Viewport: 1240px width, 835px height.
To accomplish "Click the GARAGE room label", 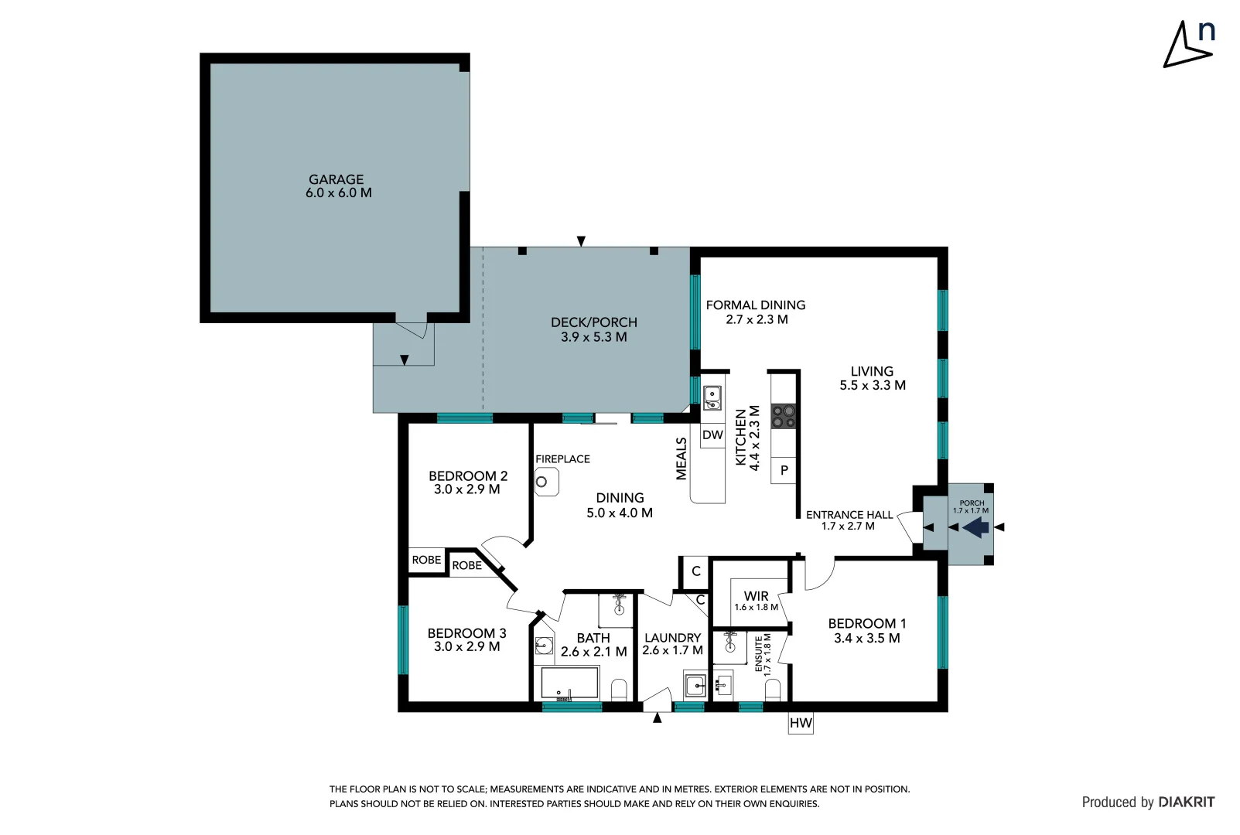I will point(336,179).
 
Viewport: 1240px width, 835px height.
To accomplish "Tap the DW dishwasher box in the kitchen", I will point(712,435).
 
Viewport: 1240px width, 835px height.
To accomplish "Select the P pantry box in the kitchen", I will point(784,470).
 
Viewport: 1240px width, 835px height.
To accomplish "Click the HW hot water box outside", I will point(801,723).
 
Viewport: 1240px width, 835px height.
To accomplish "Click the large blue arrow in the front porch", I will point(976,527).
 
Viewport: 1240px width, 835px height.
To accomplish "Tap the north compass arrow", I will point(1185,47).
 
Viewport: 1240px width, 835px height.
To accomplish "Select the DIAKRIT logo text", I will point(1187,803).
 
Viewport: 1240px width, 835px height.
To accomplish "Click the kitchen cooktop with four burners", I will point(784,417).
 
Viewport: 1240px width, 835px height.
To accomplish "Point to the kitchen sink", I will point(712,398).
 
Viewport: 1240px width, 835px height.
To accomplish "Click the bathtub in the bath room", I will point(569,683).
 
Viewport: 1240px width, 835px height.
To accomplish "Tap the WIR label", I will point(756,596).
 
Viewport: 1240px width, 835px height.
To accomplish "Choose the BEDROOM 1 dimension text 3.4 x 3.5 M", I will point(866,639).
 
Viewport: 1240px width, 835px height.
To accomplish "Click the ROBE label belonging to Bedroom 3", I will point(466,566).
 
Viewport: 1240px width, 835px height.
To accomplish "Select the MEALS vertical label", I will point(681,458).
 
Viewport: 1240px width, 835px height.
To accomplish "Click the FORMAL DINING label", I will point(755,305).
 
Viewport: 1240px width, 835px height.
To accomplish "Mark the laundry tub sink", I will point(695,685).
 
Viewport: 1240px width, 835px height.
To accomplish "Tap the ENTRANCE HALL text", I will point(849,515).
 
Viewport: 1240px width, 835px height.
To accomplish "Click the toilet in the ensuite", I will point(772,690).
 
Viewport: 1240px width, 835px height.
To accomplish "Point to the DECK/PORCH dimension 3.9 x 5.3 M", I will point(593,337).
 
